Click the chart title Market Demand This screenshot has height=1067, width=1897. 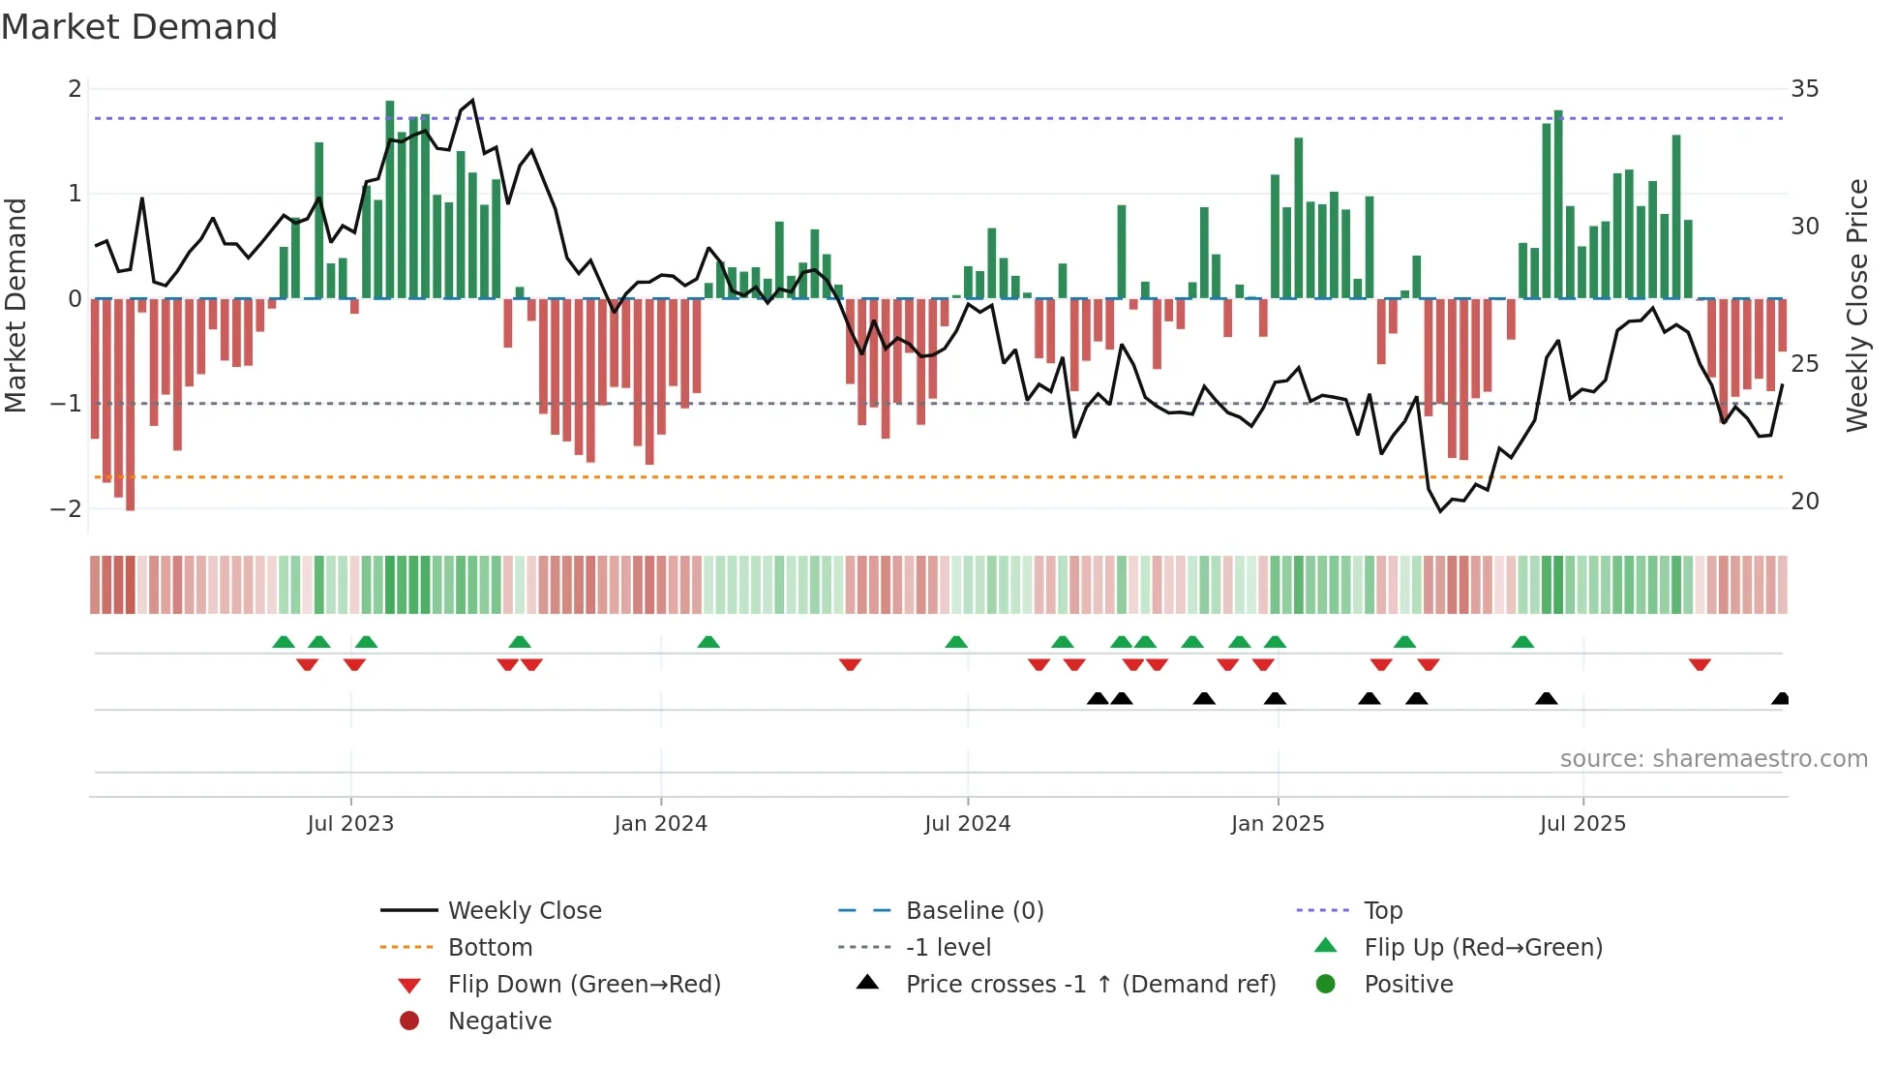(x=139, y=27)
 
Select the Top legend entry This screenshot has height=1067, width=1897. (x=1382, y=910)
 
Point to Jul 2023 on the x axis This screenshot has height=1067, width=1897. (x=350, y=824)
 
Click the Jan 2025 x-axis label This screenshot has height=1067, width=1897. (x=1278, y=824)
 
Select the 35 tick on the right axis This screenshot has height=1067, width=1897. (x=1804, y=89)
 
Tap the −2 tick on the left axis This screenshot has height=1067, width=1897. (x=67, y=508)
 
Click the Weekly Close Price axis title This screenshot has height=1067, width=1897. (x=1856, y=305)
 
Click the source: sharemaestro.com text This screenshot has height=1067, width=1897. (x=1713, y=759)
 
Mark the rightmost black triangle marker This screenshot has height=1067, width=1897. (x=1781, y=699)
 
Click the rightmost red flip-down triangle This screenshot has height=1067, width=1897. (x=1700, y=664)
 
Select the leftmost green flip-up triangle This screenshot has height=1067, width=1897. (x=284, y=642)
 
